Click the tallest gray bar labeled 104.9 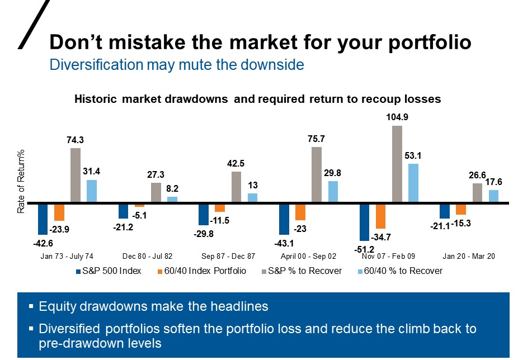[x=397, y=164]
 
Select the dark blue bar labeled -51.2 [x=365, y=222]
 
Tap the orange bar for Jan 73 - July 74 [x=59, y=212]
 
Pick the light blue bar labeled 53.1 [x=413, y=183]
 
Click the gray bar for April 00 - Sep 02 [x=317, y=174]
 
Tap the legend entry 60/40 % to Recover [x=404, y=271]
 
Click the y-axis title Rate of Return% [x=21, y=182]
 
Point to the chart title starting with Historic [x=258, y=99]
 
